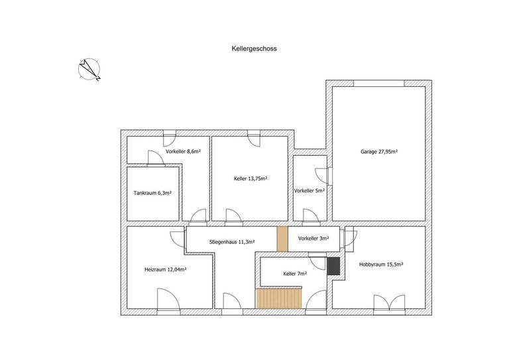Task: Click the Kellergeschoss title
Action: (254, 48)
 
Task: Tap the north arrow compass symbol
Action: (89, 69)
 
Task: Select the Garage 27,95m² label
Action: (379, 152)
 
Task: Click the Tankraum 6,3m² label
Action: (152, 193)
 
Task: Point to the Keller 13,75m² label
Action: (251, 178)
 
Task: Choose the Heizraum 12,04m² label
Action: (165, 269)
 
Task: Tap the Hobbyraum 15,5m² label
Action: (381, 265)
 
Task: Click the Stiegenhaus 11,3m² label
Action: (232, 242)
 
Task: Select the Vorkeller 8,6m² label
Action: (183, 151)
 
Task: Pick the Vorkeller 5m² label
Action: (310, 191)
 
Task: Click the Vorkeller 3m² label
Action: (313, 239)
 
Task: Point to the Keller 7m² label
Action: (295, 274)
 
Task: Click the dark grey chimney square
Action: (333, 266)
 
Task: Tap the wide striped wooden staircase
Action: (279, 298)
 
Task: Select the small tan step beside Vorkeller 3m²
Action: (282, 239)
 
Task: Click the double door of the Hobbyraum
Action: (389, 304)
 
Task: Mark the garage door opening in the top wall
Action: (379, 84)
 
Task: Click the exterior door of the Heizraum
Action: (168, 301)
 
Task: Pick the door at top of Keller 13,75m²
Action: (253, 139)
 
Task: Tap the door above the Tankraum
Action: (156, 158)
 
